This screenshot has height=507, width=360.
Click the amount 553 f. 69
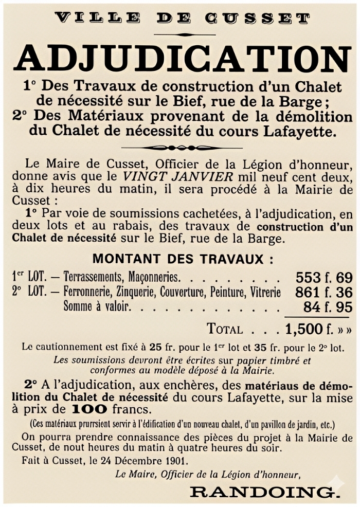tap(324, 278)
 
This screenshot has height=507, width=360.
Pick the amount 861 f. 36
tap(324, 293)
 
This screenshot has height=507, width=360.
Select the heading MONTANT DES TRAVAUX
tap(183, 258)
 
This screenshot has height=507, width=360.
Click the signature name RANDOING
tap(264, 492)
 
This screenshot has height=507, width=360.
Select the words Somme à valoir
tap(96, 307)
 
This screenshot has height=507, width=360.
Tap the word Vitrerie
tap(265, 293)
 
